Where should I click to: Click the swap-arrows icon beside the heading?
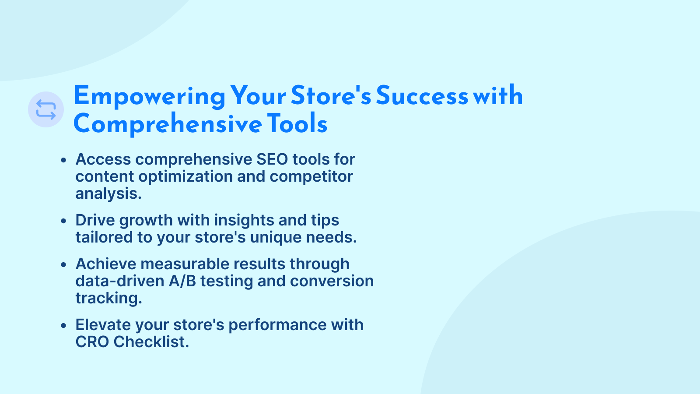46,109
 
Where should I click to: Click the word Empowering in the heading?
149,97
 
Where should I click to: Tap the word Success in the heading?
422,95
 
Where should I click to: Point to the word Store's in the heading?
331,95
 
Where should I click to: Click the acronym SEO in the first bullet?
272,159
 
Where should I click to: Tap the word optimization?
185,176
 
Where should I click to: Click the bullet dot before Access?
63,160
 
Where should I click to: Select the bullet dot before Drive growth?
63,221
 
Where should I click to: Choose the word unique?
276,237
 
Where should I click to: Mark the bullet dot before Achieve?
63,265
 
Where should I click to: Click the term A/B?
182,281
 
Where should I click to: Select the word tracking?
109,298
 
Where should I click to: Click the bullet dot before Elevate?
63,326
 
